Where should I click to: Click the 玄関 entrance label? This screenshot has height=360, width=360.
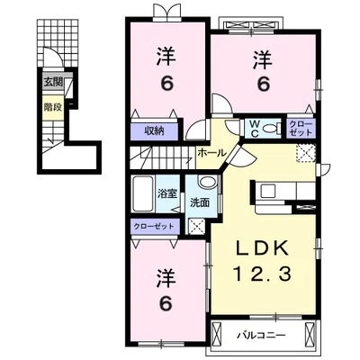tap(53, 82)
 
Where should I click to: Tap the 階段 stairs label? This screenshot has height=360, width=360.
tap(53, 107)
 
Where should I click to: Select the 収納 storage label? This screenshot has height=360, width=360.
tap(155, 131)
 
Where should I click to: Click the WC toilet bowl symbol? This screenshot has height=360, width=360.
tap(270, 129)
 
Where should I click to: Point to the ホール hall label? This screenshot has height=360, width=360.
tap(211, 153)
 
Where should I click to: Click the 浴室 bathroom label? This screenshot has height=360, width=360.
tap(167, 193)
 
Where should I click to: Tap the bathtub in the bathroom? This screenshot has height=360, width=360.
tap(143, 193)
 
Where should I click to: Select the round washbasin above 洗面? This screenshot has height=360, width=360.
tap(207, 182)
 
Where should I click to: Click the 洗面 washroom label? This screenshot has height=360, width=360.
tap(200, 203)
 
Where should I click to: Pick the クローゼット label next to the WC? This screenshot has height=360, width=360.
tap(301, 129)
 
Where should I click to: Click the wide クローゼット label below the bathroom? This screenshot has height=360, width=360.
tap(154, 226)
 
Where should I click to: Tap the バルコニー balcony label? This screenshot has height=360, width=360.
tap(262, 335)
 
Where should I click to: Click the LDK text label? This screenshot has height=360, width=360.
tap(262, 248)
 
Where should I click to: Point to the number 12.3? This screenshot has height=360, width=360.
tap(262, 274)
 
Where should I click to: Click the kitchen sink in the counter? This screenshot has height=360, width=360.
tap(268, 191)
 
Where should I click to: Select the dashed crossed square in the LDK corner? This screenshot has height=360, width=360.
tap(306, 153)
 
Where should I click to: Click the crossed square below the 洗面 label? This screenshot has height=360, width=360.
tap(196, 226)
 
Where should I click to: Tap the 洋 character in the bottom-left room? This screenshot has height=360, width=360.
tap(166, 279)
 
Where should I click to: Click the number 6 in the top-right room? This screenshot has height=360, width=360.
tap(263, 84)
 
